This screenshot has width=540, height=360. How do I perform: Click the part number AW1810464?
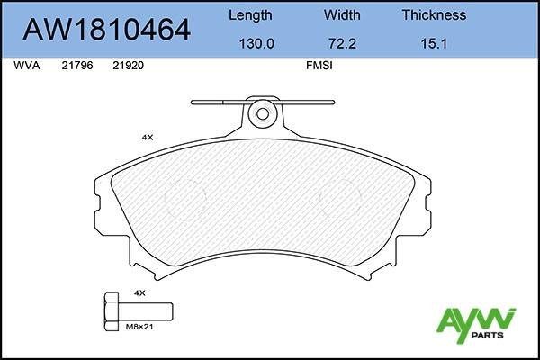pyautogui.click(x=106, y=30)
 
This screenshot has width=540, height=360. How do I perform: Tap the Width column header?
pyautogui.click(x=341, y=14)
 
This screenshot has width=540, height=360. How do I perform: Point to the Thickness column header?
pyautogui.click(x=433, y=14)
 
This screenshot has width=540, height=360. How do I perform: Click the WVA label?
pyautogui.click(x=25, y=66)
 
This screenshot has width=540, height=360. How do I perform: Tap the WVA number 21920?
pyautogui.click(x=129, y=66)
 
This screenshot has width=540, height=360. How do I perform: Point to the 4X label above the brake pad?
pyautogui.click(x=148, y=137)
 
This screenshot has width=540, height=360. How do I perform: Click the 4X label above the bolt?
pyautogui.click(x=139, y=293)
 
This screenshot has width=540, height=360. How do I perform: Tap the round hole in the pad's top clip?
pyautogui.click(x=263, y=113)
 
